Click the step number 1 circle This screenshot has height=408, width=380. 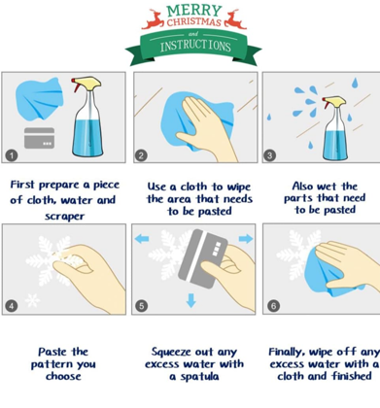[x=12, y=155]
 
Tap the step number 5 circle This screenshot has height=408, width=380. [x=141, y=306]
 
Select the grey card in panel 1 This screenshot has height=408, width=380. [x=39, y=138]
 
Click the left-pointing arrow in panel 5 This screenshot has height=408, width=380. [x=142, y=239]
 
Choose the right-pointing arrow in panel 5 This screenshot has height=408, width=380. [x=246, y=239]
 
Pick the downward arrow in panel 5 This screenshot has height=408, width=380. [x=191, y=300]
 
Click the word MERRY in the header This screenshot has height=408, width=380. [x=194, y=11]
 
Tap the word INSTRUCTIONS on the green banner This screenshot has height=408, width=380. [x=195, y=46]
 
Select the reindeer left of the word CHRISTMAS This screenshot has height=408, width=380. [x=153, y=19]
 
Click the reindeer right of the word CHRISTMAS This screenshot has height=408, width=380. [x=235, y=19]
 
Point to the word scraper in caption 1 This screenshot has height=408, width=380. [x=64, y=216]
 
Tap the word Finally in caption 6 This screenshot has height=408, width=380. [x=287, y=352]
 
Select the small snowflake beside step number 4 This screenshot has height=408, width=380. [x=32, y=300]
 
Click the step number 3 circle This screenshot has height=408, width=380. [x=269, y=155]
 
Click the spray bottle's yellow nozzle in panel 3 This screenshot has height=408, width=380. [x=335, y=101]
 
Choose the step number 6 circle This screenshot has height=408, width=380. [x=273, y=306]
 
